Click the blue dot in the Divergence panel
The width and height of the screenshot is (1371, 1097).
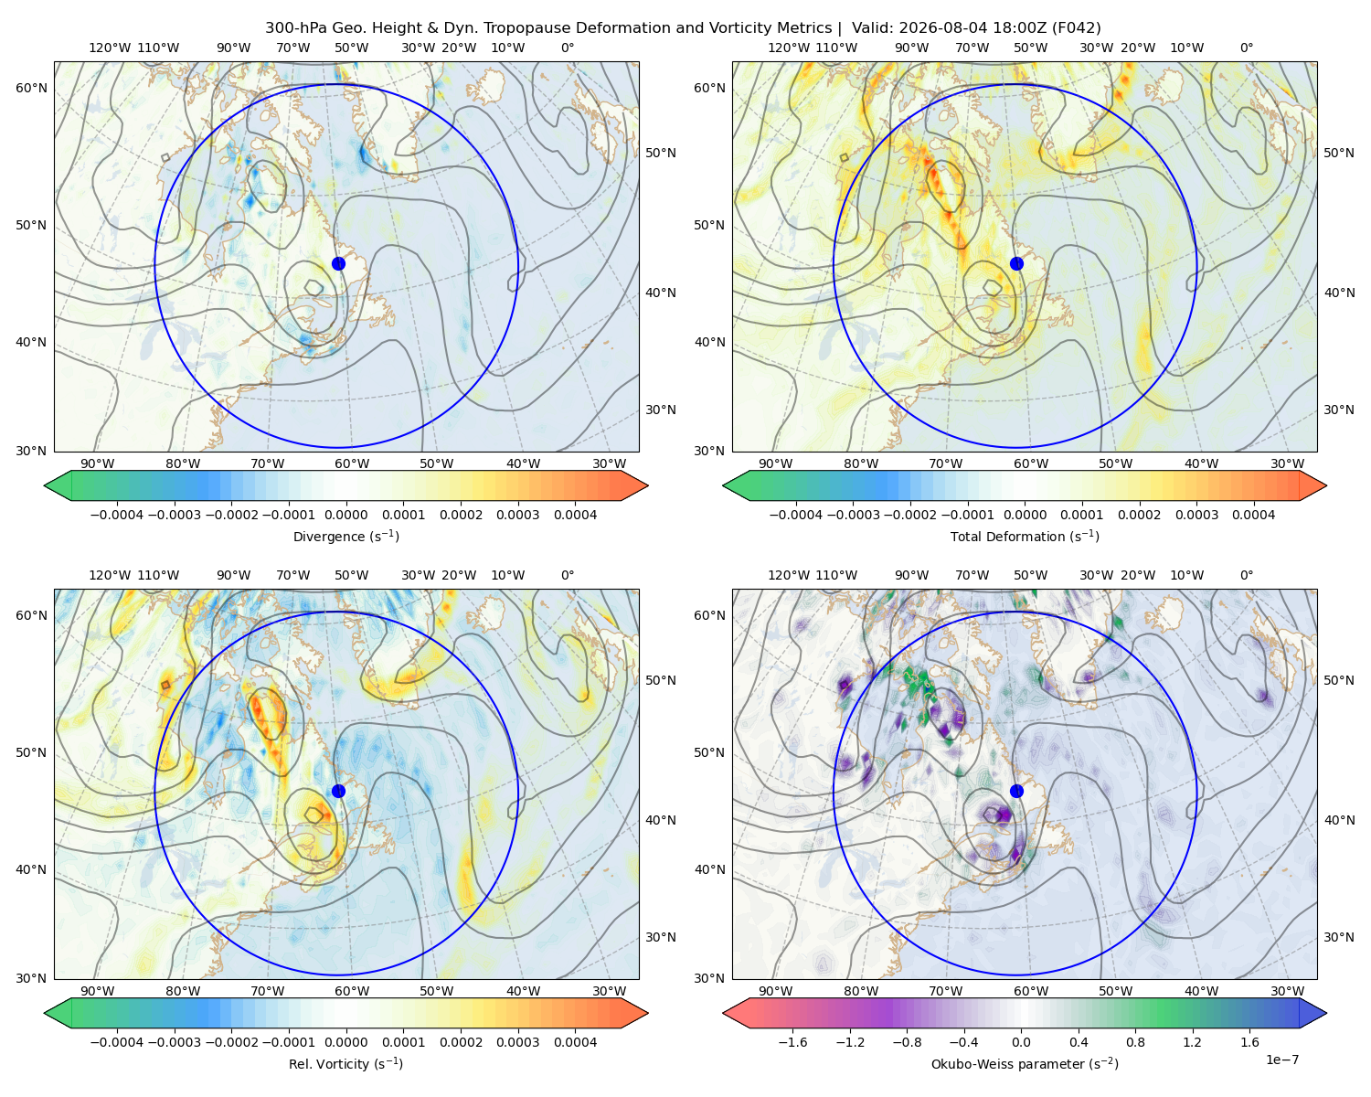[x=338, y=263]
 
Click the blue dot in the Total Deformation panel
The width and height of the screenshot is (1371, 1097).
[x=1016, y=263]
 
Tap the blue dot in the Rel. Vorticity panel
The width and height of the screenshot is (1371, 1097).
[x=338, y=791]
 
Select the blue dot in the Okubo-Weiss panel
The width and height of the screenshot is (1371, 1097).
[x=1016, y=791]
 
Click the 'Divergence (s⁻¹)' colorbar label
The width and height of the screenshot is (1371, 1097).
[x=345, y=536]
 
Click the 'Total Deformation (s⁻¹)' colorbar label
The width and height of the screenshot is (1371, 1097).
[x=1025, y=536]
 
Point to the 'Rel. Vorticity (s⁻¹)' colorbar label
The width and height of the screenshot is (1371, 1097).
[x=345, y=1063]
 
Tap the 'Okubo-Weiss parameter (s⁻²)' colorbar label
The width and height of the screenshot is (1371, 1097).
[x=1025, y=1063]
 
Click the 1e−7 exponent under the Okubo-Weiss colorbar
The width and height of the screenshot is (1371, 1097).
[x=1281, y=1060]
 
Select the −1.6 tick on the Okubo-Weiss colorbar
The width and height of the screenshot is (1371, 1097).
[x=792, y=1042]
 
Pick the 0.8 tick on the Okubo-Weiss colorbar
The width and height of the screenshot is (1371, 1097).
[x=1135, y=1042]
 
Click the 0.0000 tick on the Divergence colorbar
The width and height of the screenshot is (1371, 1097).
[x=345, y=515]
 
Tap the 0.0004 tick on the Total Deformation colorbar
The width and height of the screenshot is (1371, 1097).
[x=1254, y=515]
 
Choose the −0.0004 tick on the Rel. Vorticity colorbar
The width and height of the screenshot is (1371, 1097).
[x=117, y=1042]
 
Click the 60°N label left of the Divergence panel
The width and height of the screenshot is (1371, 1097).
[x=31, y=88]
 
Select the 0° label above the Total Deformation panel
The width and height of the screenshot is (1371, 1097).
[x=1247, y=48]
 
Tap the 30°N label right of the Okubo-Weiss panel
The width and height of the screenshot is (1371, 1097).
[x=1339, y=937]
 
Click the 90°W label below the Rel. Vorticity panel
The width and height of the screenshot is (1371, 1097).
[x=98, y=991]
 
